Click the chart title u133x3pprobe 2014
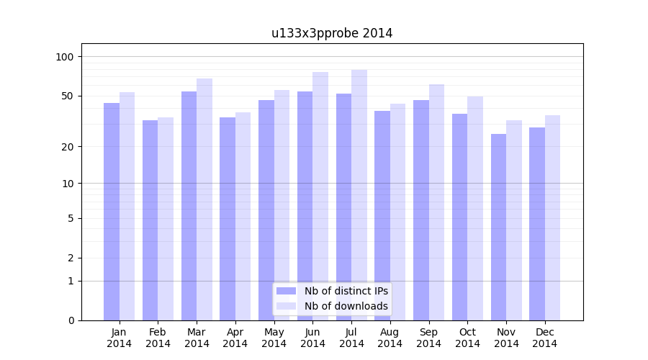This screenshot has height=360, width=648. coord(332,33)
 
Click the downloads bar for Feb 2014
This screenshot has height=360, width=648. coord(166,219)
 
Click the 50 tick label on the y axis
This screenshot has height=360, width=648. coord(67,96)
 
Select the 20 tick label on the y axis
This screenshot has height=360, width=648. coord(67,147)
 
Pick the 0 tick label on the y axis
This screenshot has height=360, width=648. coord(71,320)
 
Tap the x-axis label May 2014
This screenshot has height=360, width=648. coord(274,338)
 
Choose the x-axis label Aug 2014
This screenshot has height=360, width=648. coord(390,338)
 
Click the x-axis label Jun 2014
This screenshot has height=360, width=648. coord(312,338)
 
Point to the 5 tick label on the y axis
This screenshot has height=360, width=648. coord(71,218)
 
